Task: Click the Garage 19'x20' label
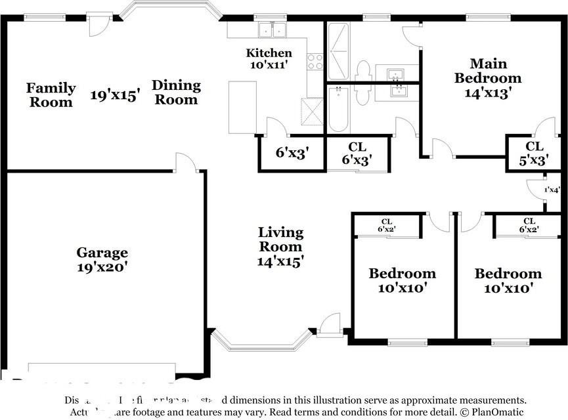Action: point(102,260)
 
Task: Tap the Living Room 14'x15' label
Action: point(280,247)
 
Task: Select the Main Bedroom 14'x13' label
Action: point(488,78)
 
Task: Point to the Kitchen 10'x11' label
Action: point(269,58)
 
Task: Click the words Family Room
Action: point(51,94)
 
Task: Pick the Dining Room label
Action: point(176,92)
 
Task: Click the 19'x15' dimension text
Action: point(116,96)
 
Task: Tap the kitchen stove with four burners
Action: point(315,62)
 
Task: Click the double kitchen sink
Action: point(273,30)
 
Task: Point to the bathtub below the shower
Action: point(338,109)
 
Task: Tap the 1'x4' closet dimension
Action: point(552,190)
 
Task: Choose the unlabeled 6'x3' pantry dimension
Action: point(292,153)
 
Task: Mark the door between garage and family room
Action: point(186,164)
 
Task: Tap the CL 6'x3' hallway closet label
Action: point(357,153)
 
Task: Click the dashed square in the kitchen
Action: point(312,111)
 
